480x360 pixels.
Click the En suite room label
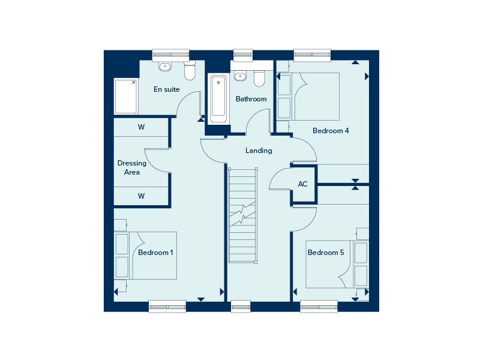coord(167,89)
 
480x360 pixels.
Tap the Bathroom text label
coord(251,99)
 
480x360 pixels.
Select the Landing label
coord(259,151)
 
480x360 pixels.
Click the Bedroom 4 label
coord(331,131)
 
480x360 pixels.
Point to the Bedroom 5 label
coord(326,253)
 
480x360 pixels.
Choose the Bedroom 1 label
coord(155,253)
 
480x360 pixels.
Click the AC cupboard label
coord(303,184)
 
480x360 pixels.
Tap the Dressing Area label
coord(132,167)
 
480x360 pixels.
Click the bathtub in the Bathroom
coord(218,98)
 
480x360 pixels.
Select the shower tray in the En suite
coord(125,96)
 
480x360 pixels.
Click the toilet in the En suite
coord(190,70)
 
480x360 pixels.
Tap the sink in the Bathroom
coord(240,76)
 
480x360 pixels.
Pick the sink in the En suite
coord(165,66)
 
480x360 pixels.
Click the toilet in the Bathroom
coord(259,79)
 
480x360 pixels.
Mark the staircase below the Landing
coord(242,215)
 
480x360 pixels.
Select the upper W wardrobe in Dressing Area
coord(141,127)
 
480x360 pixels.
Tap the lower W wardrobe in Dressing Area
coord(141,196)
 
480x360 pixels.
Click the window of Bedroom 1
coord(167,307)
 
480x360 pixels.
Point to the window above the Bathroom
coord(243,55)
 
